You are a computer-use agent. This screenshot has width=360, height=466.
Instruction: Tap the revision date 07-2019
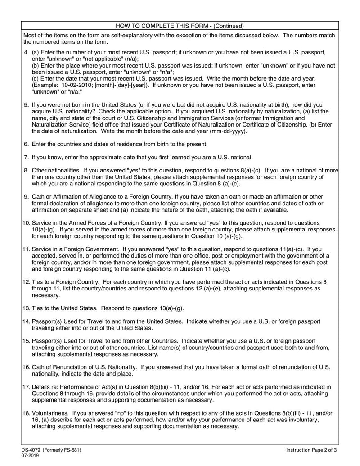click(30, 457)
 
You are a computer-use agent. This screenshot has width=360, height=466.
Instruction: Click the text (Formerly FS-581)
click(64, 450)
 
